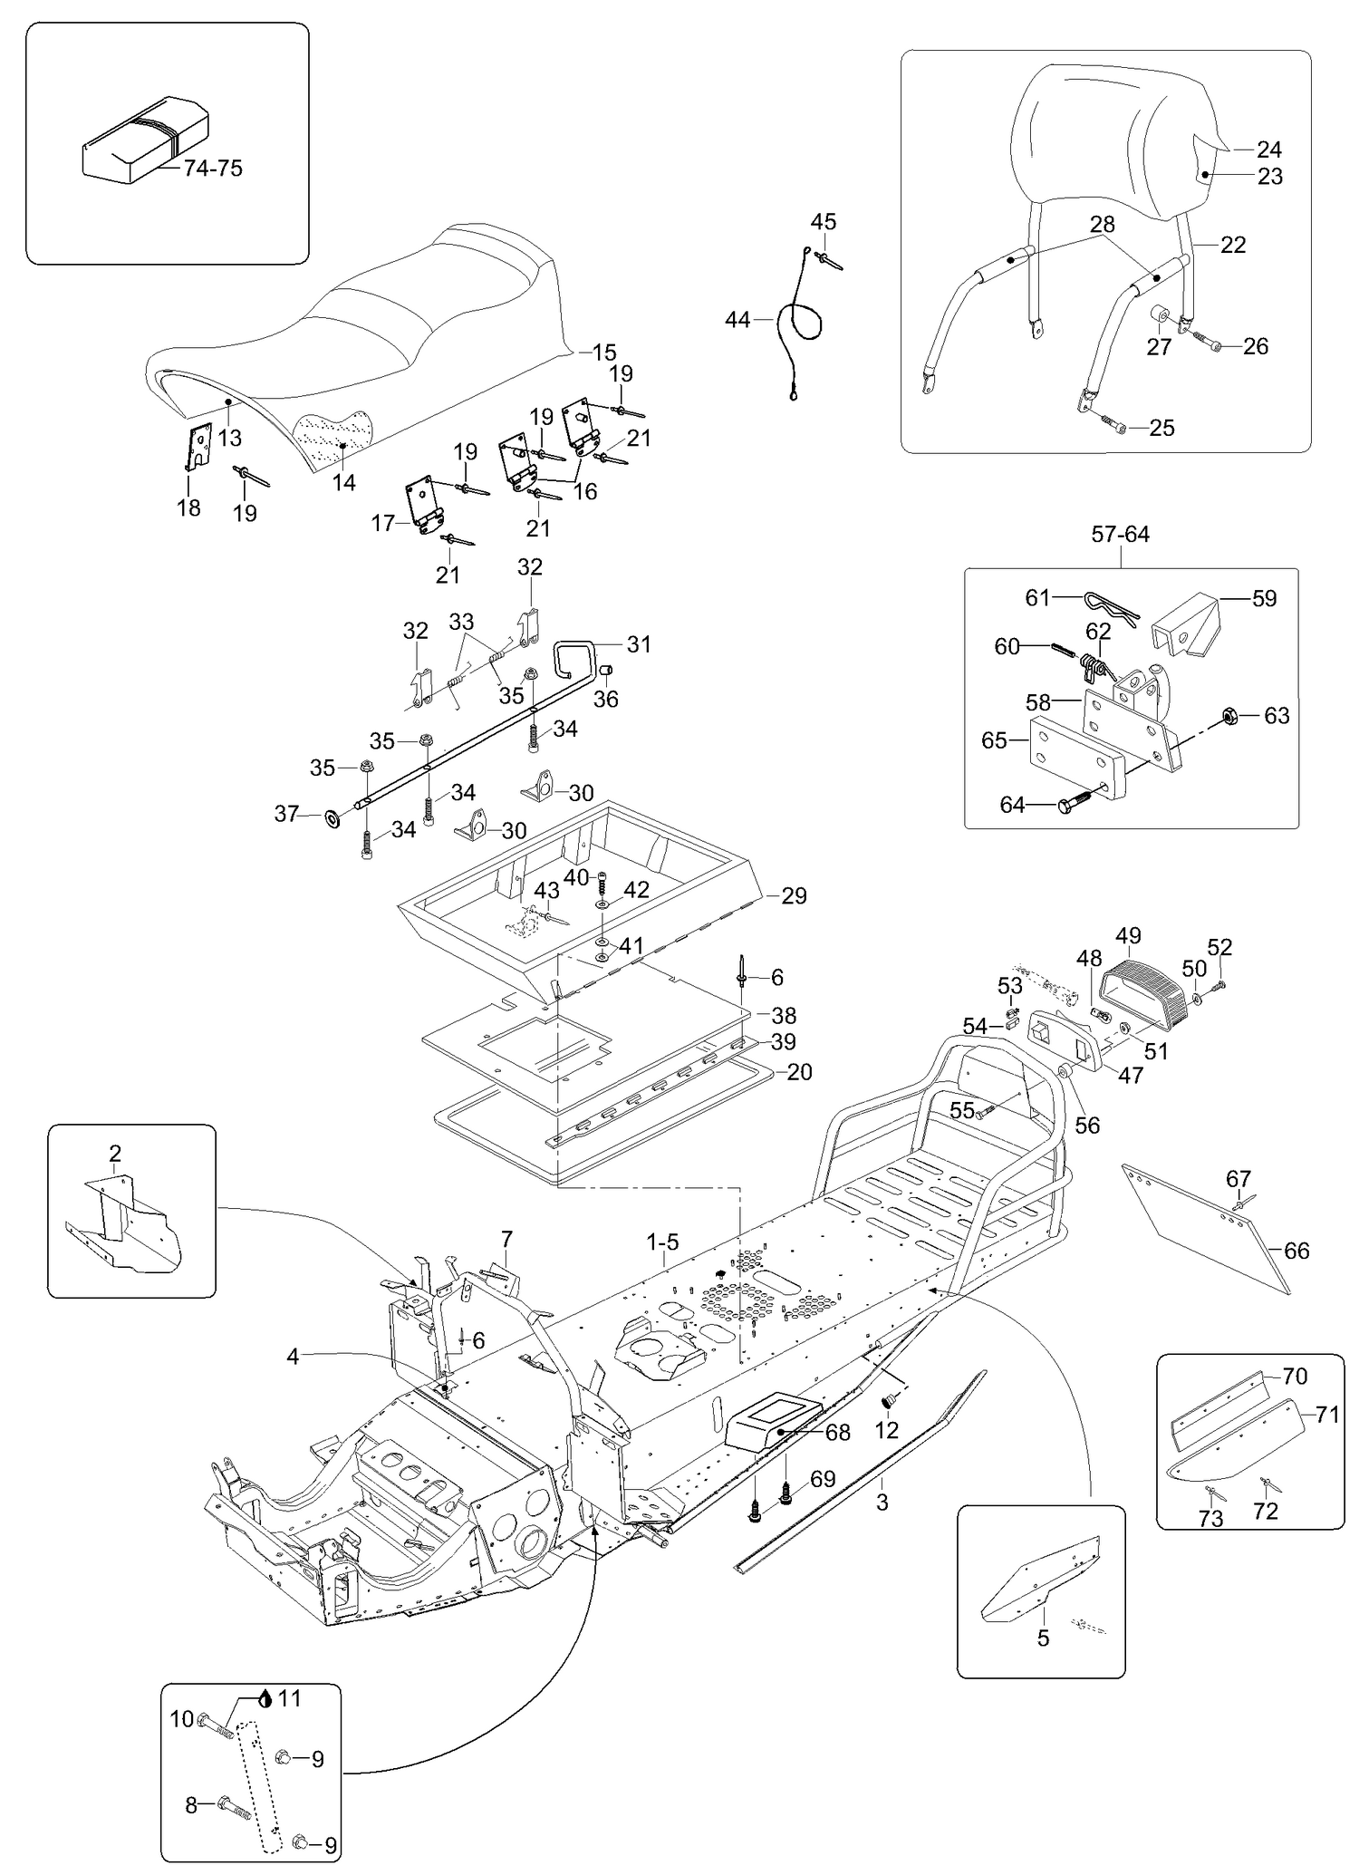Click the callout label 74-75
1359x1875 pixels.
click(x=213, y=169)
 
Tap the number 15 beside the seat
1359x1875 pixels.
click(x=603, y=353)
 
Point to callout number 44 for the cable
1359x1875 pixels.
click(x=737, y=320)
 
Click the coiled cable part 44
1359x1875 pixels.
click(x=801, y=322)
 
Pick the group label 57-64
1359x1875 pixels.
click(x=1120, y=535)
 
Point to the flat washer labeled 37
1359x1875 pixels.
click(x=333, y=819)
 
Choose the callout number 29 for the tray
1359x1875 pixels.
click(x=794, y=895)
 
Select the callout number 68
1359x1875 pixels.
click(x=838, y=1433)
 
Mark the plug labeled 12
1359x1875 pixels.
click(x=889, y=1402)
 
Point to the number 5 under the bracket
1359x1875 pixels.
click(x=1043, y=1638)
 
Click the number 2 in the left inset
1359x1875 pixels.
click(x=115, y=1154)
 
